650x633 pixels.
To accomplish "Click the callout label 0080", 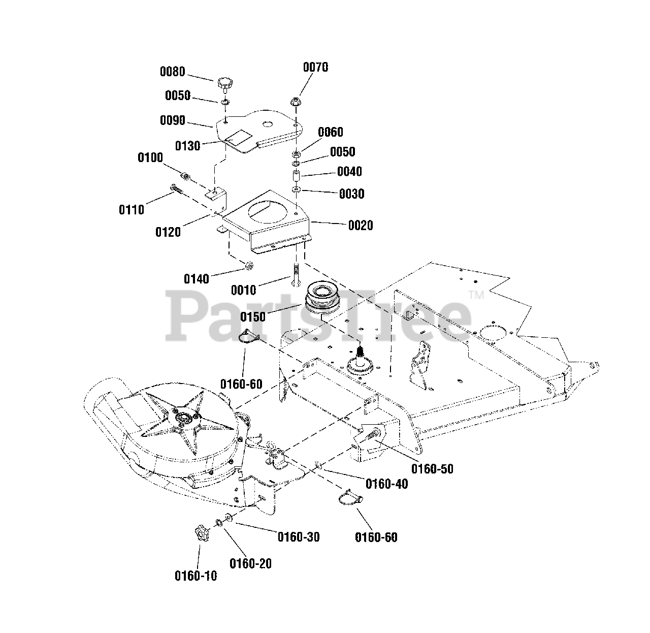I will pos(173,72).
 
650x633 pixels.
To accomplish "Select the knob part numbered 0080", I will pos(225,83).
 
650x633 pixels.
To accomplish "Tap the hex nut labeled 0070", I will pos(296,102).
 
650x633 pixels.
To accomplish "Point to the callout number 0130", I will pos(188,146).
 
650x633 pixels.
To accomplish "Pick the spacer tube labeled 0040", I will pos(296,177).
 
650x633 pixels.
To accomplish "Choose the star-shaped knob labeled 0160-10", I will pos(202,535).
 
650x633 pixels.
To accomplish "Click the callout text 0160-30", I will pos(298,536).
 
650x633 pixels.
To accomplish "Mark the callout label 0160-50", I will pos(432,468).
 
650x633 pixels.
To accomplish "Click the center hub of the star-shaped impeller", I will pos(183,417).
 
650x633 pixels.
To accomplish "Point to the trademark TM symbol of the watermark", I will pos(475,294).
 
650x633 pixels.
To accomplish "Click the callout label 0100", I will pos(150,157).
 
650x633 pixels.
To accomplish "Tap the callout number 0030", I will pos(351,194).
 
